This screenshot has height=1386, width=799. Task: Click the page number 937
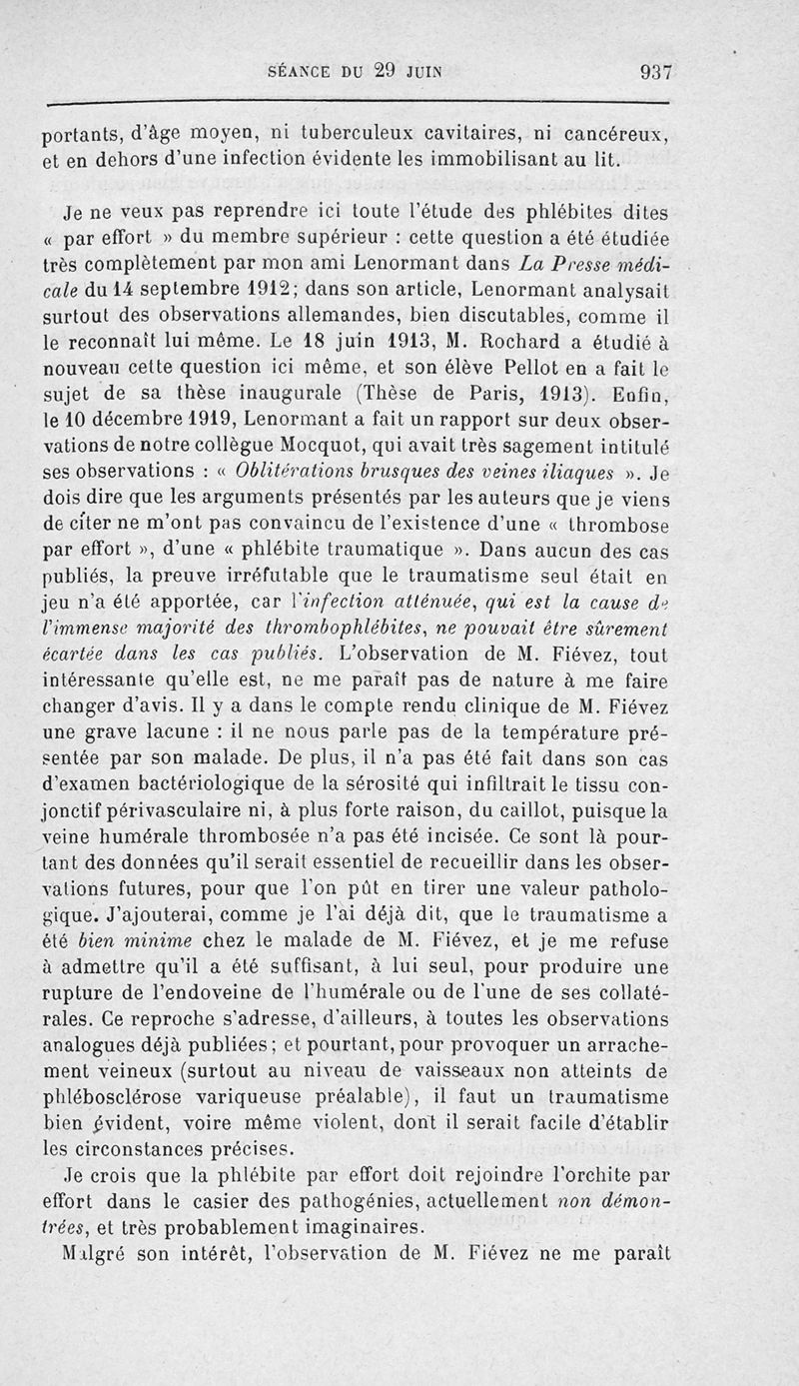(x=655, y=72)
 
